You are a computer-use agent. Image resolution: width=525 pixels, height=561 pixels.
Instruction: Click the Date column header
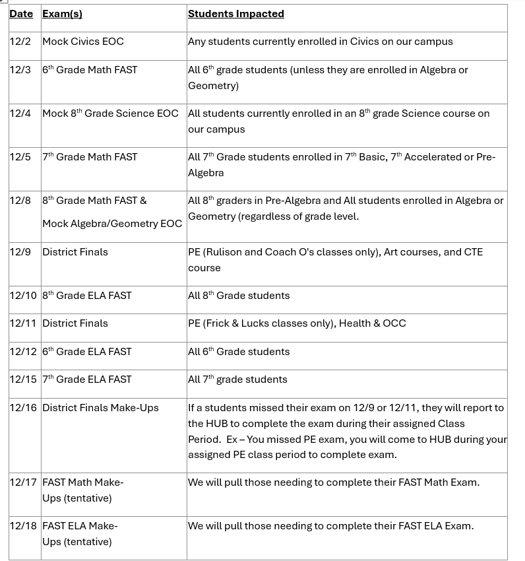tap(21, 14)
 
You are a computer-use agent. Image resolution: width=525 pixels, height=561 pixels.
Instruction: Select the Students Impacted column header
tap(235, 14)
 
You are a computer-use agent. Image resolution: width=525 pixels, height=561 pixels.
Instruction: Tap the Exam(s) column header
tap(62, 14)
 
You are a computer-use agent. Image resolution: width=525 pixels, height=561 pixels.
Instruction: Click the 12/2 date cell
tap(20, 42)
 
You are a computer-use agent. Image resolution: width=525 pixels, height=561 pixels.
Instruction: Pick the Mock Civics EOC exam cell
tap(83, 42)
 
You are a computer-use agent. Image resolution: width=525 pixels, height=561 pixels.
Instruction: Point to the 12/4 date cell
tap(20, 114)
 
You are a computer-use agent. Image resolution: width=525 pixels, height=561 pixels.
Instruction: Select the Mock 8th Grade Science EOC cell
tap(110, 114)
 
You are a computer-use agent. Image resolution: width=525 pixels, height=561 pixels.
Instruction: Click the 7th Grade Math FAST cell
tap(90, 157)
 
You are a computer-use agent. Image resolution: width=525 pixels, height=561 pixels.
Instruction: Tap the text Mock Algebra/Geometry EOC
tap(112, 224)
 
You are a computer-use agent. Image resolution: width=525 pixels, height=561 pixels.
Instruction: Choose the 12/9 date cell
tap(20, 252)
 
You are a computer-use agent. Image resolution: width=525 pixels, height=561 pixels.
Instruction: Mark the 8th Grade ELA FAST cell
tap(87, 296)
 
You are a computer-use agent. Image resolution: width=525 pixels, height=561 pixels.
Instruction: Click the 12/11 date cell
tap(23, 323)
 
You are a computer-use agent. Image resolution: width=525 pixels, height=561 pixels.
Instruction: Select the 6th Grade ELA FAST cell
tap(87, 352)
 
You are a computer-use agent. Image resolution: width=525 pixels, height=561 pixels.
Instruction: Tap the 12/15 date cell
tap(24, 379)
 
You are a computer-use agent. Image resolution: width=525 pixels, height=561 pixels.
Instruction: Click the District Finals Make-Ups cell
tap(100, 408)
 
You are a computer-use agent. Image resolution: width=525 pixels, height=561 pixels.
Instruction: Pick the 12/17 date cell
tap(24, 482)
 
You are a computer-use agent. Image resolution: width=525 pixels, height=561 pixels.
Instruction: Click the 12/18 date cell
tap(24, 526)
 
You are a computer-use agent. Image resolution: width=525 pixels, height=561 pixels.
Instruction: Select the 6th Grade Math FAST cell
tap(90, 70)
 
